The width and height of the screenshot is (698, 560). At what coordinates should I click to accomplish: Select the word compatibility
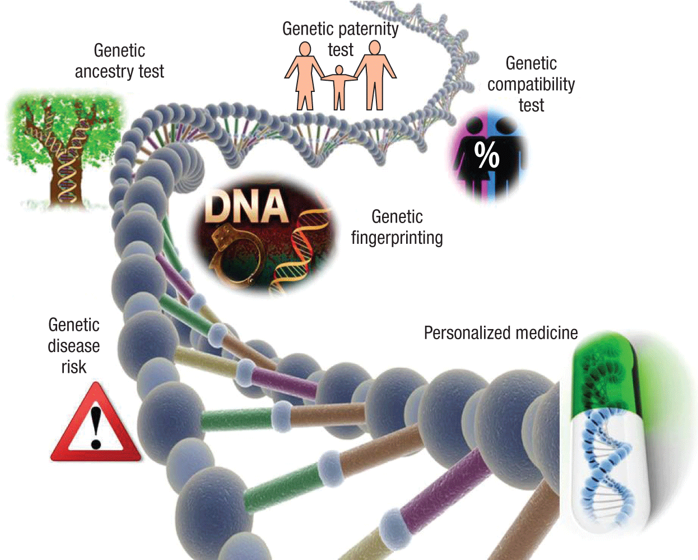tap(531, 84)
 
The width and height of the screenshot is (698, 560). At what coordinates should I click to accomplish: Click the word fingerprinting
tap(397, 238)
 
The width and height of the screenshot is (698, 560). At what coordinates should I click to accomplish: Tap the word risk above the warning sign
tap(73, 367)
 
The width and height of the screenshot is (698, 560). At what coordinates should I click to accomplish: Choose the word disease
tap(73, 346)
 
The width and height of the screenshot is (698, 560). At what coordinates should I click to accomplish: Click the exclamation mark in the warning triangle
tap(96, 427)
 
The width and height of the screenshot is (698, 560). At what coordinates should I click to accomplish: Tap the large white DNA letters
tap(246, 207)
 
